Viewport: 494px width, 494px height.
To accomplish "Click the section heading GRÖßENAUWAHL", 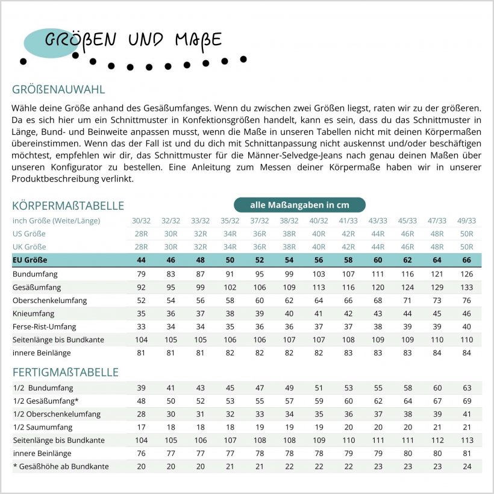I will coord(58,90).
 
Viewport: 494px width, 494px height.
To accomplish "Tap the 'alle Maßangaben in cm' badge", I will coord(299,205).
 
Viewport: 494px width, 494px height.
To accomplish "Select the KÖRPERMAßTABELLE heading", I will coord(68,205).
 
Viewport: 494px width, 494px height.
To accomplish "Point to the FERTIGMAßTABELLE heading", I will coord(65,372).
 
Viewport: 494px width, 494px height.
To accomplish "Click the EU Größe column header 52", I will coord(259,260).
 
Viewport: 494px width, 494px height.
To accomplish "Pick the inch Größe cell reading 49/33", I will coord(466,220).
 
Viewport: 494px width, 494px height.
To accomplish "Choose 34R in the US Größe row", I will coord(230,234).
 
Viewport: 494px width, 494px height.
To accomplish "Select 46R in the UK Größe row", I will coord(407,247).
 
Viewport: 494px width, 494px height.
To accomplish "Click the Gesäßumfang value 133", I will coord(466,287).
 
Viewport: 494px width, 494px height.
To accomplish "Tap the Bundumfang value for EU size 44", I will coord(141,274).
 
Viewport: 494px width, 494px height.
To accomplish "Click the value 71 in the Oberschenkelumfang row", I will coord(407,300).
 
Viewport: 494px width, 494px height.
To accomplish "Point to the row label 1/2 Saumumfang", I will coord(40,427).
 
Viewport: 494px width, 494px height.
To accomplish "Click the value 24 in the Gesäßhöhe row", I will coord(466,466).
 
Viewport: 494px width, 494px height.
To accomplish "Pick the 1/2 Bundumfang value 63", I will coord(466,388).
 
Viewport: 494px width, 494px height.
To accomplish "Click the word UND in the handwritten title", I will coord(145,40).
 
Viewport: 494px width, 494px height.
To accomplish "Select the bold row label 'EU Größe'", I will coord(30,260).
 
